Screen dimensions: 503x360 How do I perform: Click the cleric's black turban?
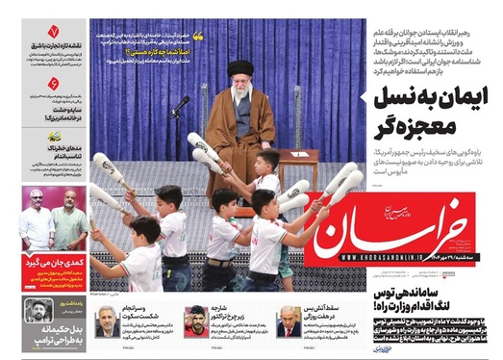pyautogui.click(x=240, y=69)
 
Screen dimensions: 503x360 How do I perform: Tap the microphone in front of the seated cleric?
pyautogui.click(x=178, y=102)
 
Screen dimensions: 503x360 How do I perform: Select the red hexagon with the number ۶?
pyautogui.click(x=54, y=86)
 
